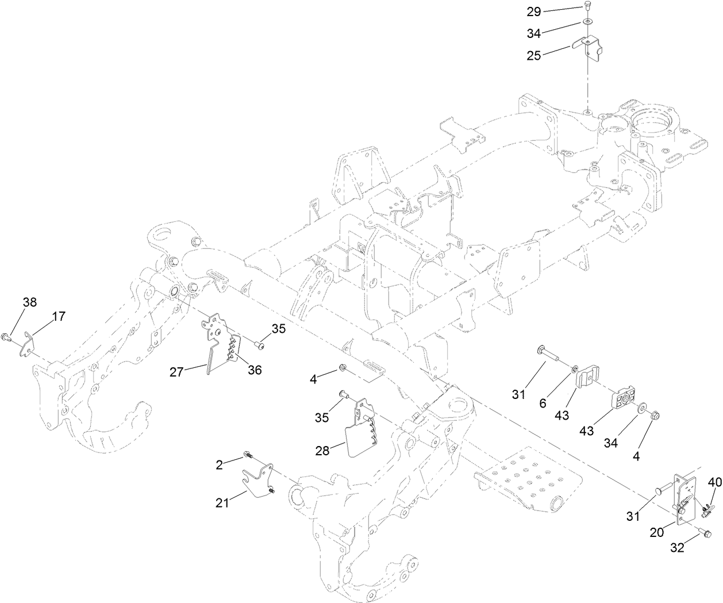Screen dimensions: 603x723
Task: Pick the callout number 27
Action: pyautogui.click(x=177, y=372)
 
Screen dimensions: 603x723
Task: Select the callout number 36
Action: pyautogui.click(x=254, y=371)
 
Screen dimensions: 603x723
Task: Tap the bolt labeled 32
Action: pyautogui.click(x=705, y=535)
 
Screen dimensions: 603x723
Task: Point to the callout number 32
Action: pyautogui.click(x=678, y=548)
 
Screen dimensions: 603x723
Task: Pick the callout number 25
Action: pyautogui.click(x=534, y=55)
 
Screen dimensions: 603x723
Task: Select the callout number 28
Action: pyautogui.click(x=322, y=451)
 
